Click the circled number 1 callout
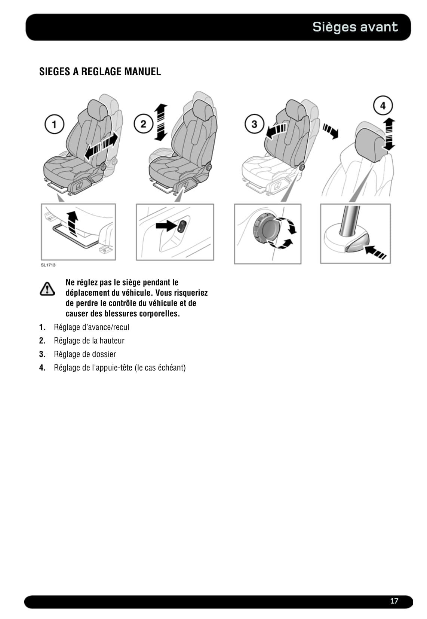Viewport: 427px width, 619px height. click(x=54, y=124)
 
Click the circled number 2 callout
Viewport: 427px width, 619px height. click(x=143, y=124)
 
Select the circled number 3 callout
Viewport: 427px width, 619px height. click(x=254, y=124)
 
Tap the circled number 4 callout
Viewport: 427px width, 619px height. click(x=383, y=105)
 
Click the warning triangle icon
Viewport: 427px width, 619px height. click(x=47, y=289)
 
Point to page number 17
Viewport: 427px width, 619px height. click(x=394, y=601)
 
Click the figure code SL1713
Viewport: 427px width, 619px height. click(x=48, y=265)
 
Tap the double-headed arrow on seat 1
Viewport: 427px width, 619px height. click(x=101, y=146)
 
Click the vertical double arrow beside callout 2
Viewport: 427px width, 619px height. click(x=161, y=122)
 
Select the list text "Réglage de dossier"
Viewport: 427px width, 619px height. click(x=85, y=354)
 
